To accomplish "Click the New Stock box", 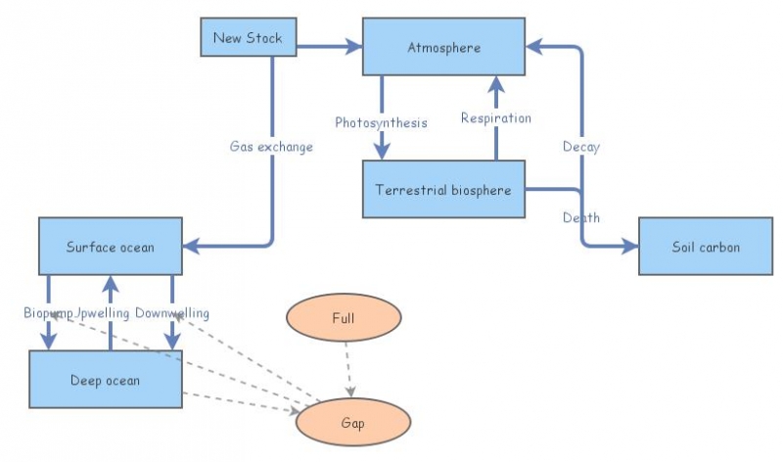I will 248,38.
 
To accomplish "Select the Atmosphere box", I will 444,46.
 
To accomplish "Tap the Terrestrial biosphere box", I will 444,190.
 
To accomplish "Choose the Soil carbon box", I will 706,247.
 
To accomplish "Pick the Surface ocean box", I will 111,247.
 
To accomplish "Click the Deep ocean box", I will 105,380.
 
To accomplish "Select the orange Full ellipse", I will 343,319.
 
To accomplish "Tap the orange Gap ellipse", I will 352,423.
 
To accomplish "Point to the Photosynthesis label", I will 381,122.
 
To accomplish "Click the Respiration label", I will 496,118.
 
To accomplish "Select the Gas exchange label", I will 271,147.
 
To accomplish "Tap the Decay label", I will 581,147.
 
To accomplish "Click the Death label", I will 581,217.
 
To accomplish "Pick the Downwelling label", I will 172,312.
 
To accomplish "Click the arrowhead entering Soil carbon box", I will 628,247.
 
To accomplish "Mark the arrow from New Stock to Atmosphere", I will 323,46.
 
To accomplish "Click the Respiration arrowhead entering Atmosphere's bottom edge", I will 496,85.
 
